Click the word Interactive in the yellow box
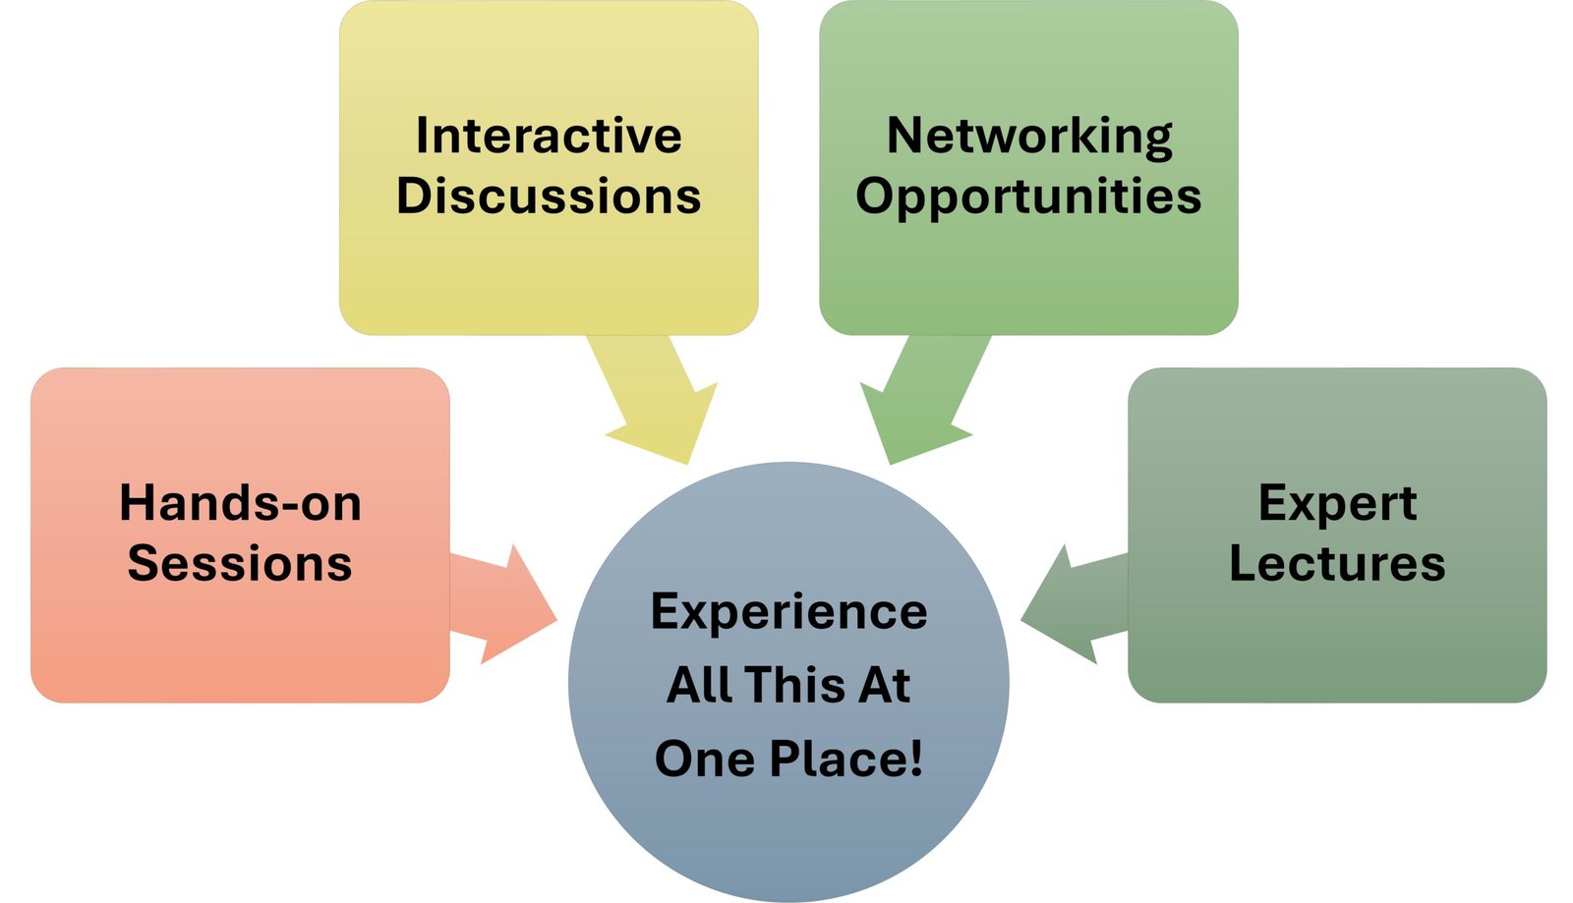[548, 136]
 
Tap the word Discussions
[548, 196]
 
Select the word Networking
[1029, 136]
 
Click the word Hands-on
[240, 503]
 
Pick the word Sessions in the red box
[240, 564]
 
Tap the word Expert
[1337, 504]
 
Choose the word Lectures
[1337, 564]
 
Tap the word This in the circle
[795, 685]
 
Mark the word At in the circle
[885, 685]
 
